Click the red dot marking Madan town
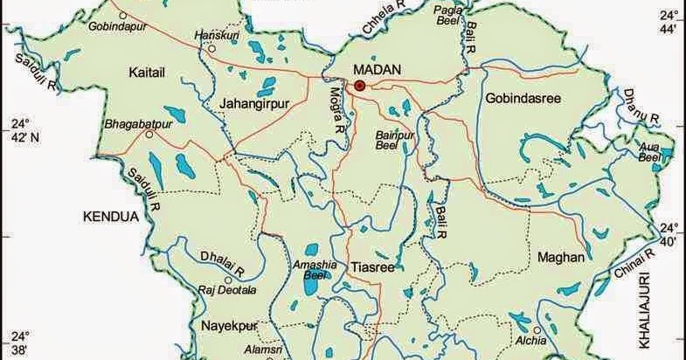click(359, 85)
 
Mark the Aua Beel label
click(648, 152)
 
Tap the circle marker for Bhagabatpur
click(150, 135)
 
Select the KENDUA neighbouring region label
click(111, 214)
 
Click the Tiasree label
click(372, 267)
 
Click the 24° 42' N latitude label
click(18, 130)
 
